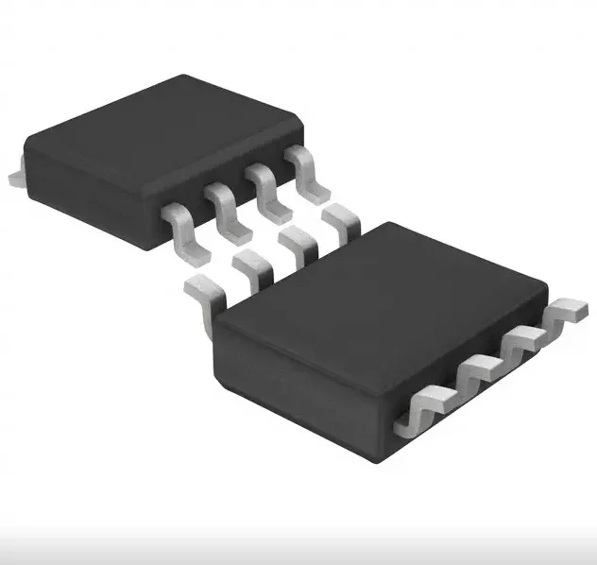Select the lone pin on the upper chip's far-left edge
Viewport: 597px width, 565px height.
click(x=11, y=176)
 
